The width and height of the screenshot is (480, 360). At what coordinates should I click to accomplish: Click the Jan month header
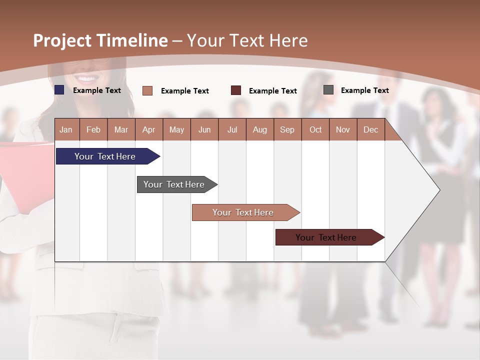click(x=66, y=129)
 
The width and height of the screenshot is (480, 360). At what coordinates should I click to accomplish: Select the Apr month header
click(x=148, y=129)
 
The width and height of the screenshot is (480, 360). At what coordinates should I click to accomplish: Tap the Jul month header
click(x=232, y=129)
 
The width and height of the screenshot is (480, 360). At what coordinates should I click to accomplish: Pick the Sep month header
click(x=287, y=129)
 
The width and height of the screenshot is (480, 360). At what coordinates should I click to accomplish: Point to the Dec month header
click(x=370, y=129)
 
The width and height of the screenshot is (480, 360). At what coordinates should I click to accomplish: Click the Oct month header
click(x=315, y=129)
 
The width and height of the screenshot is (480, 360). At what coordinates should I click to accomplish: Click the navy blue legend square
click(x=59, y=90)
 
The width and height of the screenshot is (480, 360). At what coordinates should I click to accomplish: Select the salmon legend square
click(x=147, y=90)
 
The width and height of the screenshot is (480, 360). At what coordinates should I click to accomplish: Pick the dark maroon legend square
click(x=236, y=90)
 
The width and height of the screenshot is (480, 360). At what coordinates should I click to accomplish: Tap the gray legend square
click(x=328, y=90)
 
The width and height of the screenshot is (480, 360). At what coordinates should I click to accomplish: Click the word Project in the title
click(x=62, y=40)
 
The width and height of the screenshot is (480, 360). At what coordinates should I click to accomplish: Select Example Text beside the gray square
click(x=364, y=90)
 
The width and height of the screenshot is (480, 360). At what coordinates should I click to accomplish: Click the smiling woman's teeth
click(x=87, y=78)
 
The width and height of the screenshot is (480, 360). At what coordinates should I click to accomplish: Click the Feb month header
click(x=93, y=129)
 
